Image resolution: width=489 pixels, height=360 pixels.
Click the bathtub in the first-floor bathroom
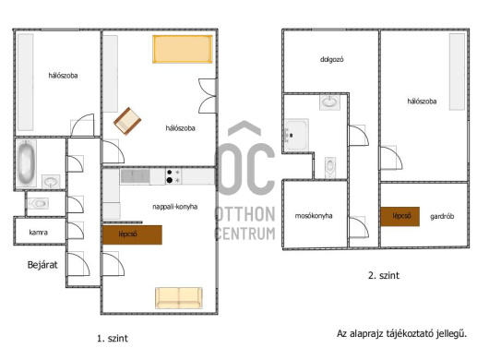click(x=26, y=162)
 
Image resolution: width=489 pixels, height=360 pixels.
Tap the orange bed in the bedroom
click(x=183, y=49)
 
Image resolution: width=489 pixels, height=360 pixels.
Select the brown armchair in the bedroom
click(x=127, y=121)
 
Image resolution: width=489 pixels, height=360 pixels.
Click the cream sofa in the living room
click(x=179, y=298)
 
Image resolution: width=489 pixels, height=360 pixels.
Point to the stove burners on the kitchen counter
click(x=173, y=176)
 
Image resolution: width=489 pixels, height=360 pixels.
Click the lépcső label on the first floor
click(x=128, y=234)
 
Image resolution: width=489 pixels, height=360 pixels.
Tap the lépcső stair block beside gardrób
click(x=400, y=216)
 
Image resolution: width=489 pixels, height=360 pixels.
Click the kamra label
click(x=39, y=233)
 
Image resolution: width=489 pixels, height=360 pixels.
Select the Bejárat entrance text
click(x=42, y=265)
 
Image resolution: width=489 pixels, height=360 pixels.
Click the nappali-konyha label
click(x=175, y=207)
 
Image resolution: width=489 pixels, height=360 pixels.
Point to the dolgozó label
click(x=332, y=59)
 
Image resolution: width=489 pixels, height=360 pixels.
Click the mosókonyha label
click(x=314, y=216)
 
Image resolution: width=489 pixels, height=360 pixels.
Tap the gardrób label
click(x=442, y=217)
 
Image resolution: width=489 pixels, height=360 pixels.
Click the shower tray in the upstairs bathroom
click(x=296, y=135)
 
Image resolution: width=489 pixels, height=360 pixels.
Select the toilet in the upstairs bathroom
click(x=330, y=167)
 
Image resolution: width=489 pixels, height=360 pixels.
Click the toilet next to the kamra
click(x=39, y=203)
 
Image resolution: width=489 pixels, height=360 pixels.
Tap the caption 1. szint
click(x=113, y=339)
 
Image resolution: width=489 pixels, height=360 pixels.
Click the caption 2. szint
click(x=384, y=275)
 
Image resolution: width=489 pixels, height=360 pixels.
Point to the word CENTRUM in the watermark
click(x=245, y=234)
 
